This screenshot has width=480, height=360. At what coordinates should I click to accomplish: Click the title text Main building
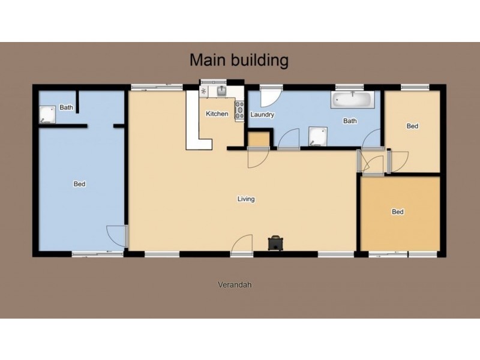pyautogui.click(x=239, y=60)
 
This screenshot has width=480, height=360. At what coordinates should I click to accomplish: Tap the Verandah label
pyautogui.click(x=234, y=285)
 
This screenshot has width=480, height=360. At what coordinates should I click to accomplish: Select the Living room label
pyautogui.click(x=246, y=199)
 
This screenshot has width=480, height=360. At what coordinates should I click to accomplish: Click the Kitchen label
pyautogui.click(x=217, y=114)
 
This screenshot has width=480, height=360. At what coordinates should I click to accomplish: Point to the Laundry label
pyautogui.click(x=262, y=115)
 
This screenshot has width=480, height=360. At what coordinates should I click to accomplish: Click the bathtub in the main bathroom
pyautogui.click(x=353, y=99)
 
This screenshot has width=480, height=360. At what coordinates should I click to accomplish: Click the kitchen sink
pyautogui.click(x=221, y=91)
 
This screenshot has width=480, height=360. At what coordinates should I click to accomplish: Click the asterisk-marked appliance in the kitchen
pyautogui.click(x=204, y=92)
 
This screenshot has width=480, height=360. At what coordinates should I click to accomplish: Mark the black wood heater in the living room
pyautogui.click(x=276, y=242)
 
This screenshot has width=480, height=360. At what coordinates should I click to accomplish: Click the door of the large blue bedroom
pyautogui.click(x=116, y=235)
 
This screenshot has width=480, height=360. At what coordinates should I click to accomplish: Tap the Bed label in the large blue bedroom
pyautogui.click(x=79, y=184)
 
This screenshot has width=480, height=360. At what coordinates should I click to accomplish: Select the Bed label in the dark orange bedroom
pyautogui.click(x=397, y=212)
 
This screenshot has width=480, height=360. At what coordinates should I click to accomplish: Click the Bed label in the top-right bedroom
pyautogui.click(x=412, y=126)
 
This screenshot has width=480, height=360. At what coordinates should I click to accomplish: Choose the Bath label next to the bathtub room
pyautogui.click(x=349, y=121)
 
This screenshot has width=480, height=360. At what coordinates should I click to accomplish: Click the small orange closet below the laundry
pyautogui.click(x=258, y=140)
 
